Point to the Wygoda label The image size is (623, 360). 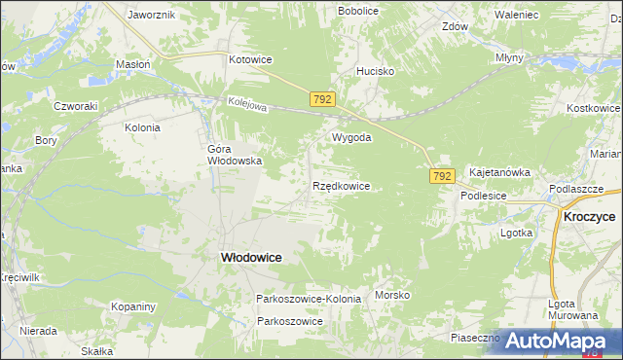click(x=351, y=137)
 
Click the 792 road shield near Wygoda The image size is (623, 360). click(x=324, y=99)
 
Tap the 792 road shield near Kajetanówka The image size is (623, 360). click(x=442, y=175)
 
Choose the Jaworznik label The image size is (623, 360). click(x=151, y=16)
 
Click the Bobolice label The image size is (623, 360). click(x=357, y=10)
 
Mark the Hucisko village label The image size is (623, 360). click(x=375, y=71)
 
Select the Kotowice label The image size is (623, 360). click(x=250, y=59)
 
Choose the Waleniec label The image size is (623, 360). click(x=517, y=15)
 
